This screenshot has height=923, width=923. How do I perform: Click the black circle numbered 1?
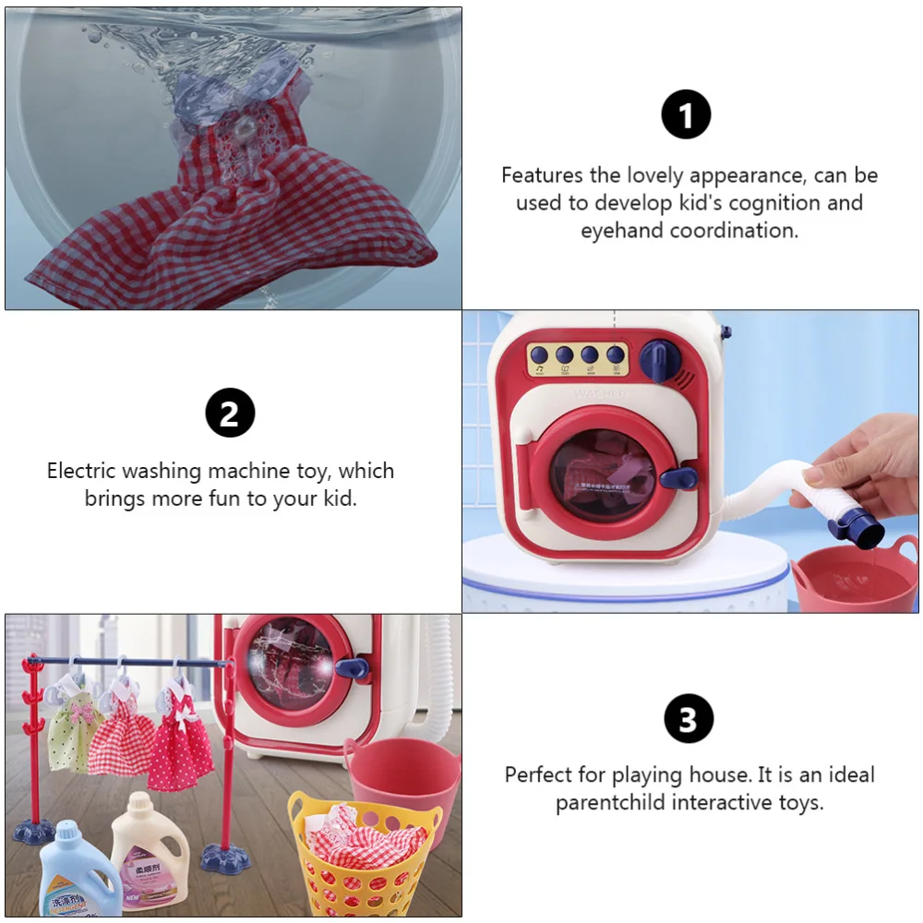coord(686,115)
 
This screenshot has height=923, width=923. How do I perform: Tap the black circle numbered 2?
coord(229,412)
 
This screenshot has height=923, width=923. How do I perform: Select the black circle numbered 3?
coord(688,719)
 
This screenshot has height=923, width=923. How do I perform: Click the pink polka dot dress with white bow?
coord(181,738)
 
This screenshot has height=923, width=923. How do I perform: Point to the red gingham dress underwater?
coord(231,212)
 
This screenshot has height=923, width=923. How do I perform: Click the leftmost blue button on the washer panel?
coord(540,354)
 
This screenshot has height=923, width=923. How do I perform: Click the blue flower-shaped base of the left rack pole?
coord(34,833)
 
